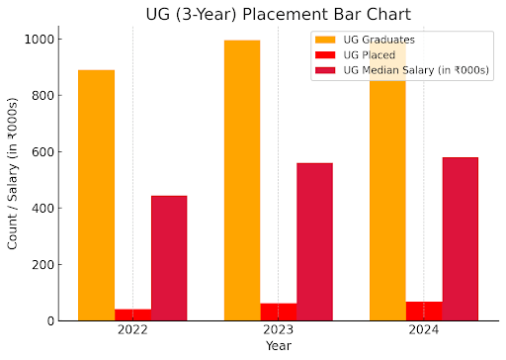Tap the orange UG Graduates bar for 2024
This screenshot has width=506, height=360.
(387, 198)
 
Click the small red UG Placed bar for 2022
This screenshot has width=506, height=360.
(132, 315)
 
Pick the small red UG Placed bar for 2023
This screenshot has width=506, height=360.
(279, 312)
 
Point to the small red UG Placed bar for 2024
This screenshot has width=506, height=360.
(424, 311)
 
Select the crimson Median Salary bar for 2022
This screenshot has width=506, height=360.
(169, 258)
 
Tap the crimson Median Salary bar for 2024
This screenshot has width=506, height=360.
(461, 238)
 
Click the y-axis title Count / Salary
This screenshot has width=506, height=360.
(13, 174)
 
